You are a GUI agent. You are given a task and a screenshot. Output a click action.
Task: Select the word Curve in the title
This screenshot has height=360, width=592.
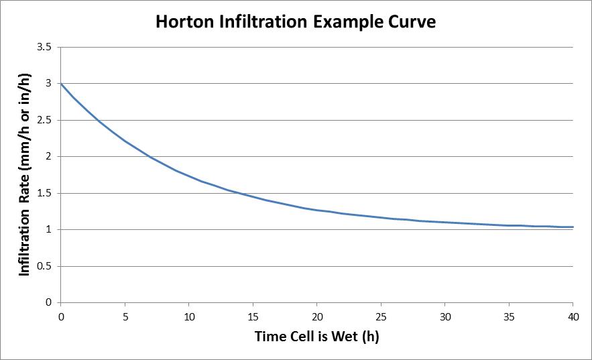click(x=412, y=22)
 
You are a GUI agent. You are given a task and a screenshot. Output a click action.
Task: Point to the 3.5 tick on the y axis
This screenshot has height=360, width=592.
click(x=46, y=48)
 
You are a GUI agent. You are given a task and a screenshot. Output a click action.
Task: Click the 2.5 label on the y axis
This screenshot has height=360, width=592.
click(x=46, y=121)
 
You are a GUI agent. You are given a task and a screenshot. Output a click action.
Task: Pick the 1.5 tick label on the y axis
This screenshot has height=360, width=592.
click(x=46, y=193)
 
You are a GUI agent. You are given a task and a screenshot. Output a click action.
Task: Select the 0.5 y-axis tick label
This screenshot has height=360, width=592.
click(x=46, y=266)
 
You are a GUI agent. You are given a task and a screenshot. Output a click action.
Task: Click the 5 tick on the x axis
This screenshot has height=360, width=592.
click(x=125, y=315)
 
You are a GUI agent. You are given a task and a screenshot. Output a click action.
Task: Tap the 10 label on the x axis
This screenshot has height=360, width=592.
click(x=189, y=315)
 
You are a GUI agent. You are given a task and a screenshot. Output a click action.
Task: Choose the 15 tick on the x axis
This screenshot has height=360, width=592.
click(x=253, y=315)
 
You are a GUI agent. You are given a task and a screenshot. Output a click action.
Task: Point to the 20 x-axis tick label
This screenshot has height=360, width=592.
click(x=317, y=315)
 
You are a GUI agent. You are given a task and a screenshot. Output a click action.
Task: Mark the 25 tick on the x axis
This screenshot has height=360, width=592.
click(x=381, y=315)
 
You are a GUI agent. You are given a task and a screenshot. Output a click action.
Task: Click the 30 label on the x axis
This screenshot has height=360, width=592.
click(x=445, y=315)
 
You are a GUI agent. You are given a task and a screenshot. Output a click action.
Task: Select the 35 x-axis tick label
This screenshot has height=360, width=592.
click(x=509, y=315)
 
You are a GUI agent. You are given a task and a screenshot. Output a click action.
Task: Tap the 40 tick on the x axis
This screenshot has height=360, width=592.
click(x=573, y=315)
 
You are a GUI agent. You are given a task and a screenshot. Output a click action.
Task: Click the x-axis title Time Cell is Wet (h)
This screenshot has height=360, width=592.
click(x=316, y=337)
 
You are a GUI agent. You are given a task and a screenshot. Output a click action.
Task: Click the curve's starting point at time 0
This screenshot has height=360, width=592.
click(x=61, y=84)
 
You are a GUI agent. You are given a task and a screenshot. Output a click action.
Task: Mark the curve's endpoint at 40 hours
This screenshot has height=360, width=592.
click(x=573, y=227)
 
